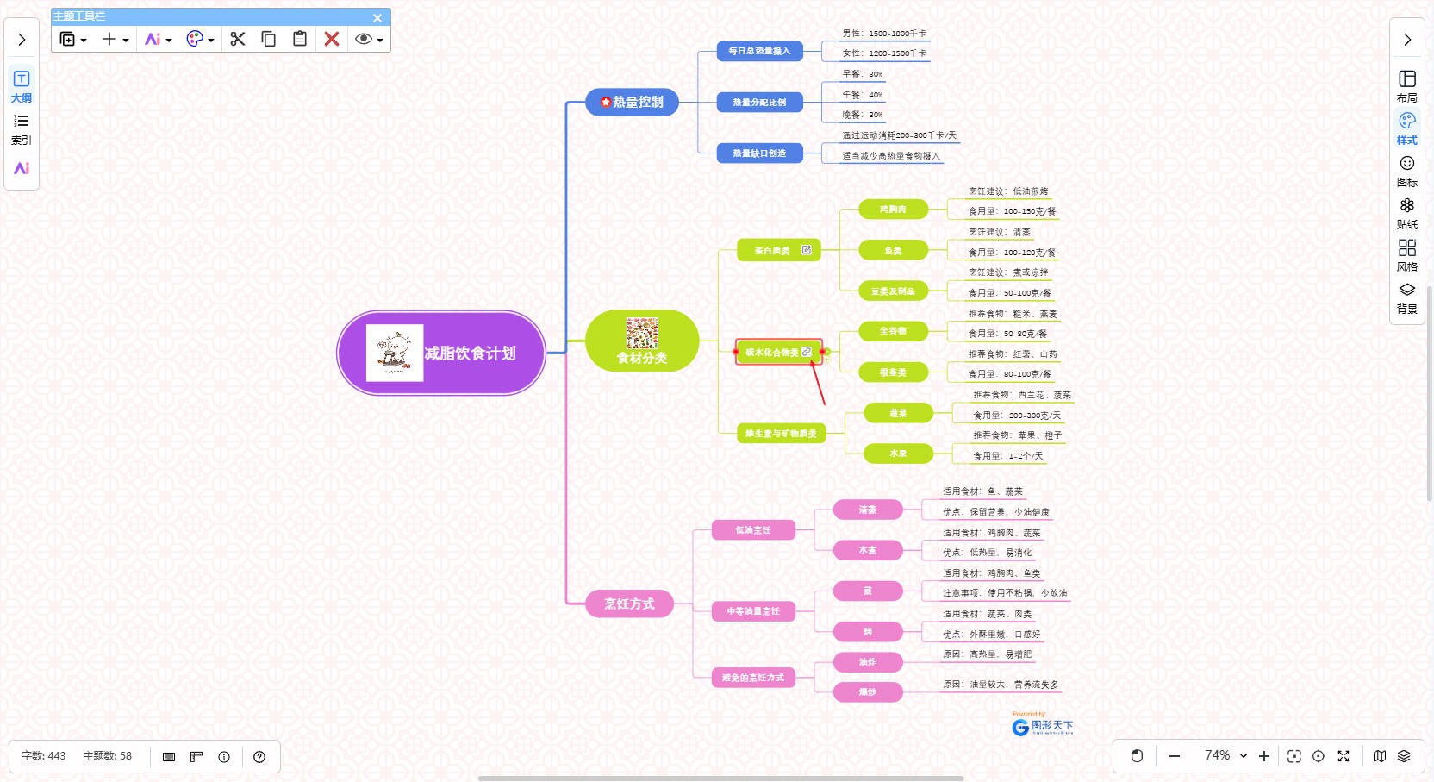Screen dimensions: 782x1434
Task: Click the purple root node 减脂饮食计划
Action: click(x=441, y=353)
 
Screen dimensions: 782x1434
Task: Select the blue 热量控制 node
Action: click(x=633, y=102)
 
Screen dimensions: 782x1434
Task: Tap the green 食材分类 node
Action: click(x=642, y=341)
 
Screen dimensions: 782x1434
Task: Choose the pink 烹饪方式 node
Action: click(x=629, y=604)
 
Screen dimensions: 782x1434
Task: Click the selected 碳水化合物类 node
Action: click(x=772, y=352)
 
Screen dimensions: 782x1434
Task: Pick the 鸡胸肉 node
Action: click(x=893, y=210)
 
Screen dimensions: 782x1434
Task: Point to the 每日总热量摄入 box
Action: click(x=759, y=51)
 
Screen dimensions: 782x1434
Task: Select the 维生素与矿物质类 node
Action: click(x=781, y=434)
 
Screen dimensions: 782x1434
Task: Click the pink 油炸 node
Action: click(x=867, y=662)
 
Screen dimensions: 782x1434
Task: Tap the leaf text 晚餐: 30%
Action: click(x=863, y=115)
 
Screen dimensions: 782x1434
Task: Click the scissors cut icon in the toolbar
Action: click(x=238, y=39)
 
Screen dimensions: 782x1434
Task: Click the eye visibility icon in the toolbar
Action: click(x=364, y=39)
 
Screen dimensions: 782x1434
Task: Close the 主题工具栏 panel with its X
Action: click(x=377, y=17)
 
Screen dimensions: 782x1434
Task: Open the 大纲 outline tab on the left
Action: click(x=22, y=86)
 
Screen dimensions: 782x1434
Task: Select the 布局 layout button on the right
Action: click(x=1407, y=86)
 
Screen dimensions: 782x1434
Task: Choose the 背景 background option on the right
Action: click(x=1407, y=297)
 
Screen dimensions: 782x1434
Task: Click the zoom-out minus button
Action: click(x=1174, y=756)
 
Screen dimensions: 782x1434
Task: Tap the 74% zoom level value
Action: click(x=1217, y=755)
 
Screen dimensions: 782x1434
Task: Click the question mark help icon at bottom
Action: click(x=259, y=757)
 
